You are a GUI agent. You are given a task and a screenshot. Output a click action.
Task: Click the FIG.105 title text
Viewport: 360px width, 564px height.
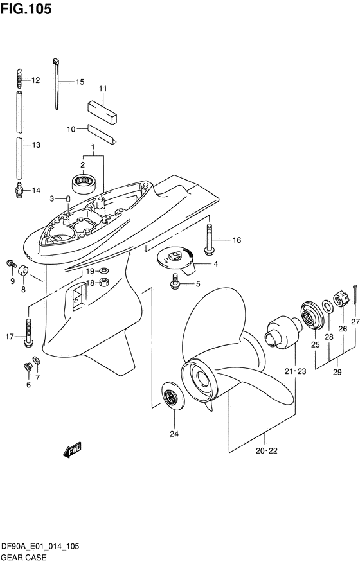pos(26,8)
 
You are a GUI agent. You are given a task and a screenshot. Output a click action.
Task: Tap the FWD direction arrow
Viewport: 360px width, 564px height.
pos(73,450)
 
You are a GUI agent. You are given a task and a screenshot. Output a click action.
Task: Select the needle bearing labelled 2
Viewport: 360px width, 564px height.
pos(84,183)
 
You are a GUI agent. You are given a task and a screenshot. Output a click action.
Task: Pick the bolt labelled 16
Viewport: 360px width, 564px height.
pos(208,240)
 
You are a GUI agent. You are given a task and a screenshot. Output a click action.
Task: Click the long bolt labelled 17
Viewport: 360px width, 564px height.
pos(28,333)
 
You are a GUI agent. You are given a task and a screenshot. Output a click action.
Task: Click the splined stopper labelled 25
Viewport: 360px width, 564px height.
pos(312,315)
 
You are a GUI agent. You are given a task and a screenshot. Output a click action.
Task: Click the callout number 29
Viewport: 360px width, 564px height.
pos(337,372)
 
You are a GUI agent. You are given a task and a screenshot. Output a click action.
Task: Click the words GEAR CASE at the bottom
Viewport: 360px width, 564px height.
pos(23,557)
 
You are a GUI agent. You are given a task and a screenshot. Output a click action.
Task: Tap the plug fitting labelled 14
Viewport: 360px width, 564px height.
pos(20,189)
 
